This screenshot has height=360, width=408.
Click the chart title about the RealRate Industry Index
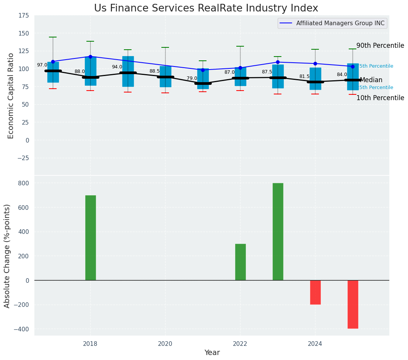point(206,8)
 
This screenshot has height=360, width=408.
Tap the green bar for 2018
point(91,238)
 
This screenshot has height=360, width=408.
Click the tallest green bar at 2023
point(278,232)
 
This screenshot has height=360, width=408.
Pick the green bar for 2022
point(241,262)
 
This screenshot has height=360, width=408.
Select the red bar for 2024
point(315,292)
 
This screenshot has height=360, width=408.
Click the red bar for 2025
point(353,304)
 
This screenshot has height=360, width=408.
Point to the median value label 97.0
point(42,65)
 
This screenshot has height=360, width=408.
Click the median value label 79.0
point(192,78)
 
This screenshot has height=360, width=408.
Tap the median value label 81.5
point(304,77)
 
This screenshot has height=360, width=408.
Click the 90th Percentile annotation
point(380,46)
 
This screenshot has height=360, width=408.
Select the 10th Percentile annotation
point(380,98)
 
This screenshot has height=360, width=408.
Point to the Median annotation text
point(371,80)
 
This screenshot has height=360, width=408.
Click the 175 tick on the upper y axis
point(23,16)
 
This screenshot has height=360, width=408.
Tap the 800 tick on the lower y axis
point(24,183)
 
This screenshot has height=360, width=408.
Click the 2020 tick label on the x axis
point(165,344)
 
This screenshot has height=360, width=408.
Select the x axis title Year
point(212,353)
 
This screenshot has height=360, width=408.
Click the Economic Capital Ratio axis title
point(11,96)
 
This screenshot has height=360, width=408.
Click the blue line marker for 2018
point(91,57)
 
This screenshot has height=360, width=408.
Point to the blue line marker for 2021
point(203,70)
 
